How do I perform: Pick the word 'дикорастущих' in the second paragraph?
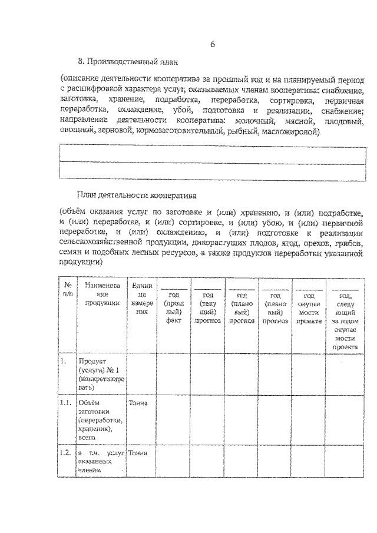point(214,243)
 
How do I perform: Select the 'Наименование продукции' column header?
point(101,293)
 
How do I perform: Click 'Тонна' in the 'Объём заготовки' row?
point(138,403)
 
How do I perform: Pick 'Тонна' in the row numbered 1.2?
point(138,452)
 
